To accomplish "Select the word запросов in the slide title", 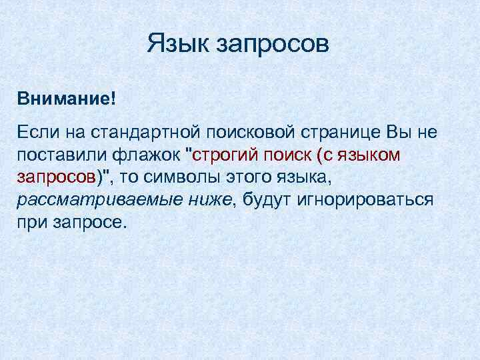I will tap(272, 47).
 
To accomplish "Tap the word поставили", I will tap(58, 155).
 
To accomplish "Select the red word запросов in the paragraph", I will tap(57, 178).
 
